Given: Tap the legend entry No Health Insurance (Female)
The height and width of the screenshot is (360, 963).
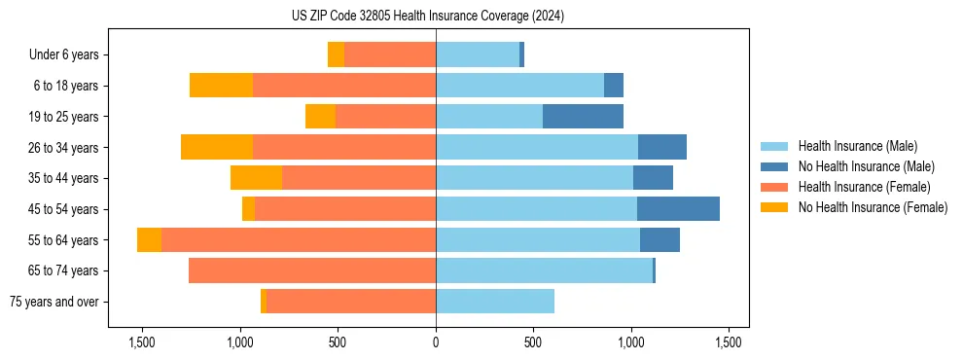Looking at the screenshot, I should pyautogui.click(x=873, y=207).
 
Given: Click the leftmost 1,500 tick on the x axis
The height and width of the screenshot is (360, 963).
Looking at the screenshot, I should pyautogui.click(x=142, y=342).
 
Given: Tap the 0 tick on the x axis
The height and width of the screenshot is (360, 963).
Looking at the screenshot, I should pyautogui.click(x=436, y=342).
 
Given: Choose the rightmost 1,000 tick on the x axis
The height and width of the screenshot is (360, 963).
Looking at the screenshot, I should pyautogui.click(x=631, y=342).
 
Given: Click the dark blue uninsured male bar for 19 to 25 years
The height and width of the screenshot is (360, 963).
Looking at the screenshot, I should pyautogui.click(x=583, y=117).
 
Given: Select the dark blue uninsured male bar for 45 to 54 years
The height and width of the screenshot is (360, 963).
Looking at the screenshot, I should pyautogui.click(x=678, y=209).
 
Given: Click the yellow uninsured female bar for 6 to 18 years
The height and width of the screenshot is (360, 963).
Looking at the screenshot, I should pyautogui.click(x=221, y=86).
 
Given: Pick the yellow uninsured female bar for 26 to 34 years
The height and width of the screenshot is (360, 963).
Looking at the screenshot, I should pyautogui.click(x=217, y=147).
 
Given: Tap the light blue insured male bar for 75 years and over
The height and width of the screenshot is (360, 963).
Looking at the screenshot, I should pyautogui.click(x=495, y=302).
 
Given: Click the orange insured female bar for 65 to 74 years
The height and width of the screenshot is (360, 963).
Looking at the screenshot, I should pyautogui.click(x=312, y=270).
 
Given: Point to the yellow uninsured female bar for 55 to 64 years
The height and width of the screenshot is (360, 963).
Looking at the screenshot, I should pyautogui.click(x=149, y=240).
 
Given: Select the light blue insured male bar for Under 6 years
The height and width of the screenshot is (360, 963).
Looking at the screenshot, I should pyautogui.click(x=478, y=55).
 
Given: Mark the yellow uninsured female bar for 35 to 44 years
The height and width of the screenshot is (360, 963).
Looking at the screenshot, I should pyautogui.click(x=256, y=178).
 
